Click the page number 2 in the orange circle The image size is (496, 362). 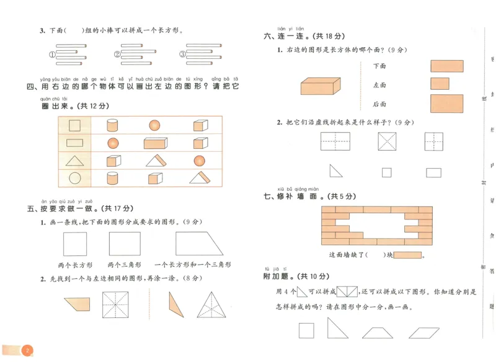pos(27,351)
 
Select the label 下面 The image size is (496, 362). pos(379,66)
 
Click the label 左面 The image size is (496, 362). pos(379,85)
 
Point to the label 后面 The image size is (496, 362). pos(379,104)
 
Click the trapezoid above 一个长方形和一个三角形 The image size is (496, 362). pos(198,244)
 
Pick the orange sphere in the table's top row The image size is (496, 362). pos(154,126)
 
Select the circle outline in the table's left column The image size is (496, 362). pos(74,179)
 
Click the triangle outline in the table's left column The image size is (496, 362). pos(74,161)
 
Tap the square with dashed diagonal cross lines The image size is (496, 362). pos(387,142)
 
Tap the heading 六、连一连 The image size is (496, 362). pos(286,37)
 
